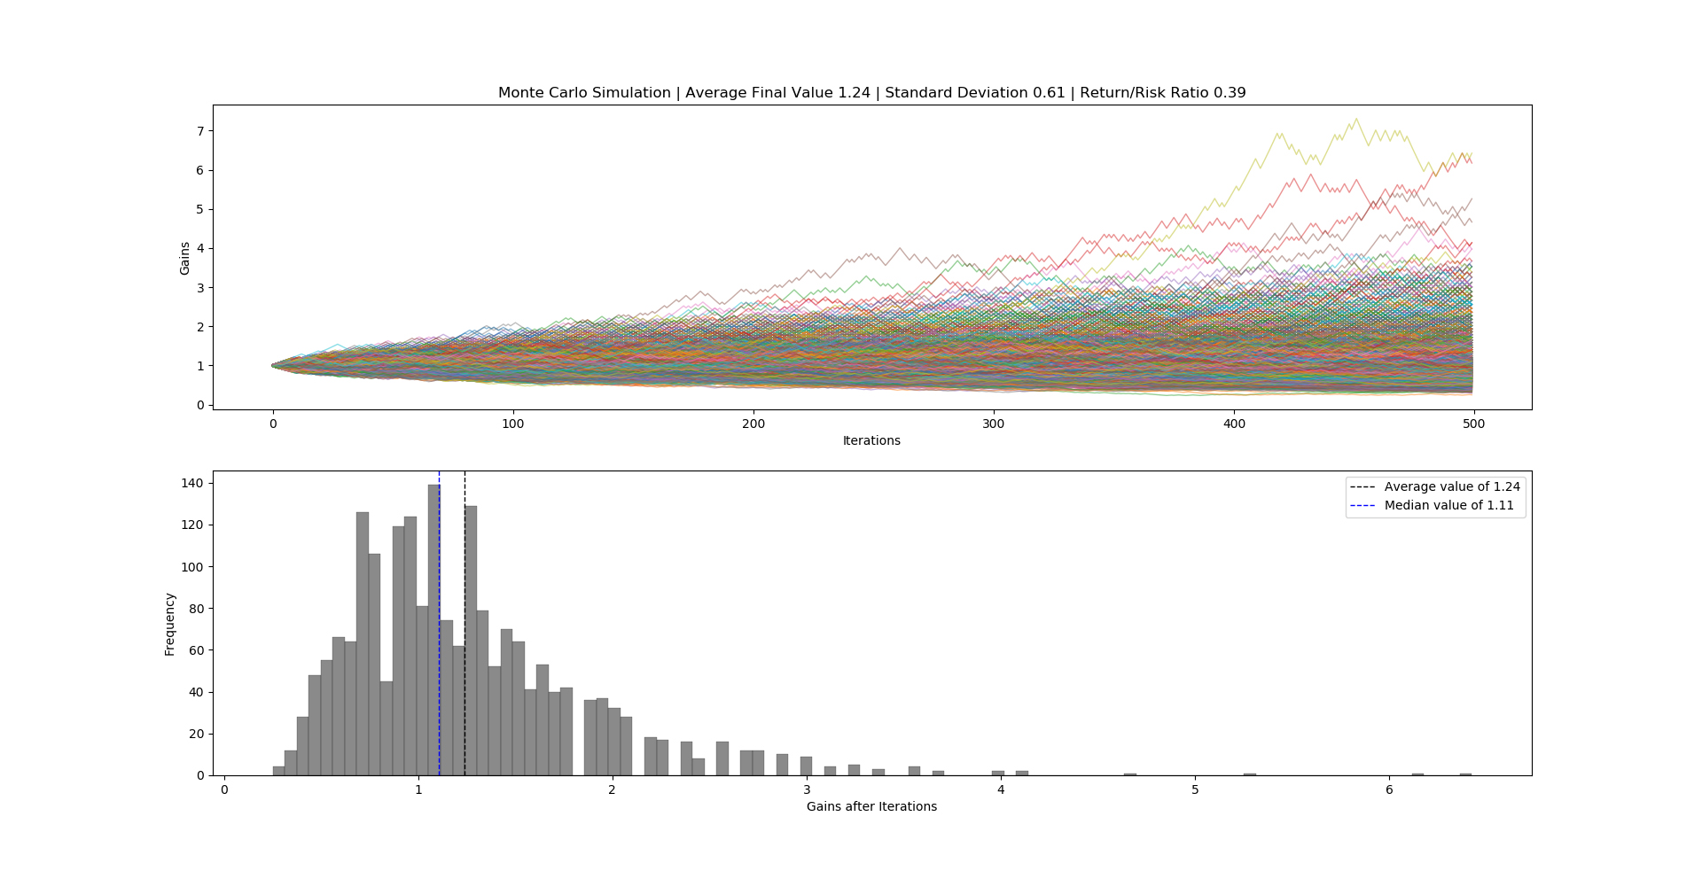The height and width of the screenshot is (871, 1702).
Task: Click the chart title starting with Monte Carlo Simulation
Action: coord(871,93)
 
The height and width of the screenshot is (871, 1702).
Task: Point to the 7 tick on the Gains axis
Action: coord(200,131)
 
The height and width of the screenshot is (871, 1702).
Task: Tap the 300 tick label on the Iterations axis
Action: coord(994,424)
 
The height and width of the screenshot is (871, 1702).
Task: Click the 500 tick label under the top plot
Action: coord(1474,424)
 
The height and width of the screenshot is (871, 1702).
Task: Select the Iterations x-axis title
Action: coord(871,440)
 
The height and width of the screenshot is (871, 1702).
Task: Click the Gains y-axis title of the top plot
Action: coord(185,258)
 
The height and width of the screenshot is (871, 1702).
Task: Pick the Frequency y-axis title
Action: coord(170,624)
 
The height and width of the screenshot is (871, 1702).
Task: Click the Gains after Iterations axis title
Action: coord(871,806)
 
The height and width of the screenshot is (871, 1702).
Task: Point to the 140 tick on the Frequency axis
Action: coord(194,484)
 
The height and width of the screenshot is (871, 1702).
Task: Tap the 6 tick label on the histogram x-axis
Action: coord(1389,789)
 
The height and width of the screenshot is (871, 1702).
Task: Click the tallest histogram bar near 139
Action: coord(433,629)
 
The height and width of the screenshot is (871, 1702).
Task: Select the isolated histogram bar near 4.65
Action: coord(1130,774)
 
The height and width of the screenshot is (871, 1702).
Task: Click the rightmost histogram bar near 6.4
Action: coord(1465,774)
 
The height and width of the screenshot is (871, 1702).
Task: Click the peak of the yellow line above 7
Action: coord(1355,120)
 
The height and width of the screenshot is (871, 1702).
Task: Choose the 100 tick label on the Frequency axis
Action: coord(194,567)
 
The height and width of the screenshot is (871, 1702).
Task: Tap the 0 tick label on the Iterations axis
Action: coord(273,424)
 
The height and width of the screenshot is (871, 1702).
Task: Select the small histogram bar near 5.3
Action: coord(1250,774)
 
